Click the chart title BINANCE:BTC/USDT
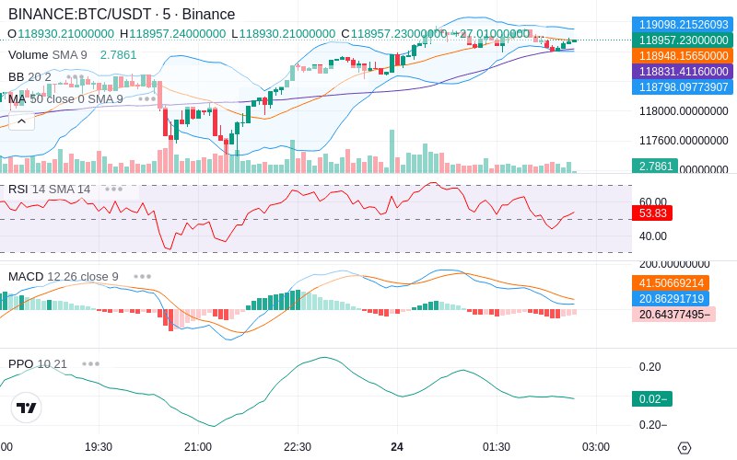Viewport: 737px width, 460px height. pos(70,15)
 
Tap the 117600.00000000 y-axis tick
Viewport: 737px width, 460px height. pos(684,141)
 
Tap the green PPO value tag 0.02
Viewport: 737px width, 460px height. pos(651,398)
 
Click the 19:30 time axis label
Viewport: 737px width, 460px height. pos(99,447)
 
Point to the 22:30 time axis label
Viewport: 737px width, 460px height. pos(297,447)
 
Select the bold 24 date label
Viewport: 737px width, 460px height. pos(397,447)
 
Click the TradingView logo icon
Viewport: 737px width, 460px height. pos(27,408)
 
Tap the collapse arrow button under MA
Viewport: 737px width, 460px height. pos(22,121)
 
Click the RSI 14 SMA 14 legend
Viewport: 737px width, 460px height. pos(50,190)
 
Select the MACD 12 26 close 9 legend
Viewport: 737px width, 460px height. pos(64,276)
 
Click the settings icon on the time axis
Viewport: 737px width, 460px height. pos(684,448)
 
